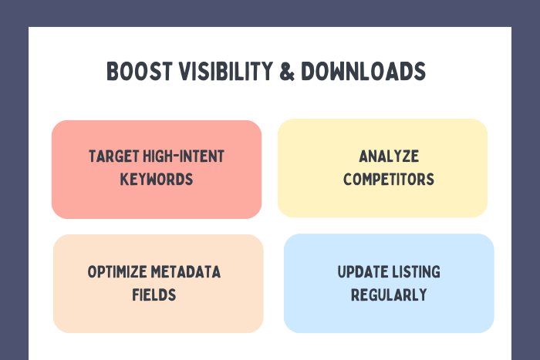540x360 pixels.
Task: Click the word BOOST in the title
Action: click(x=140, y=71)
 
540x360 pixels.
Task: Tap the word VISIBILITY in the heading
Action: click(x=226, y=71)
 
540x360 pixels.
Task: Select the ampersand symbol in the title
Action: click(x=287, y=71)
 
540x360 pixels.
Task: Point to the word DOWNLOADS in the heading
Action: click(x=363, y=71)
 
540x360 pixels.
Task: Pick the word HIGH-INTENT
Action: click(x=184, y=156)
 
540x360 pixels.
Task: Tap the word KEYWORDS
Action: click(x=157, y=180)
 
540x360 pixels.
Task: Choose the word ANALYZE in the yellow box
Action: click(x=389, y=156)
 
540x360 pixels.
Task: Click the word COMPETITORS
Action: click(x=389, y=180)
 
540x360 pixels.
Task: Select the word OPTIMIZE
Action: click(x=117, y=272)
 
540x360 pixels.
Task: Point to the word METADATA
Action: click(x=186, y=272)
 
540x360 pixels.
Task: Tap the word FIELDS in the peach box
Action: click(x=154, y=295)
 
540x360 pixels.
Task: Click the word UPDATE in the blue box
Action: click(x=363, y=272)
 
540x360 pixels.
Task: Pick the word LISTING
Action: click(x=416, y=272)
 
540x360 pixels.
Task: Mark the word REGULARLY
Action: click(x=389, y=295)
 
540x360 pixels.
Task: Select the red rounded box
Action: click(x=157, y=170)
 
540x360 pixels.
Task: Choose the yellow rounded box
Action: click(x=383, y=168)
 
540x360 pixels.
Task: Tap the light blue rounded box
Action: click(x=389, y=283)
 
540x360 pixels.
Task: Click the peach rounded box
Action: click(x=158, y=284)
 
